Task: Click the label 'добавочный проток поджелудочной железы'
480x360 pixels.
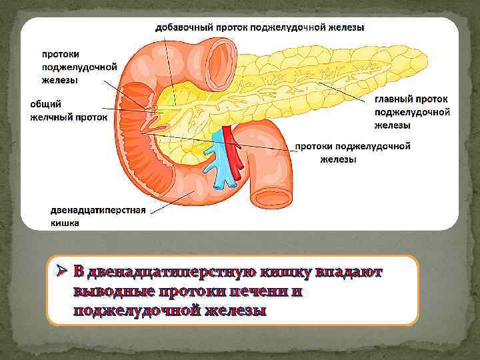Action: coord(259,27)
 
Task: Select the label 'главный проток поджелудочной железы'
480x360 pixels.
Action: coord(411,111)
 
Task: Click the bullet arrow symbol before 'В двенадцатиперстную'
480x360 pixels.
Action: coord(61,272)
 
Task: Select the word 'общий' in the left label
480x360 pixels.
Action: coord(45,104)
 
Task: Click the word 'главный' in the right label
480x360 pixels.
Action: coord(394,98)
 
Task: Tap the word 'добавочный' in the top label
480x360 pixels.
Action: coord(183,27)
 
